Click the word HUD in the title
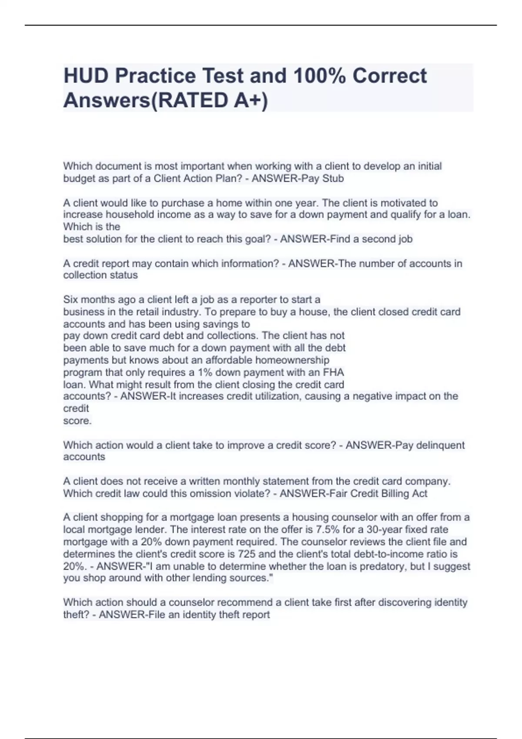point(86,76)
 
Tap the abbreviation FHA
point(333,373)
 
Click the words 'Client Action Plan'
point(196,179)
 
